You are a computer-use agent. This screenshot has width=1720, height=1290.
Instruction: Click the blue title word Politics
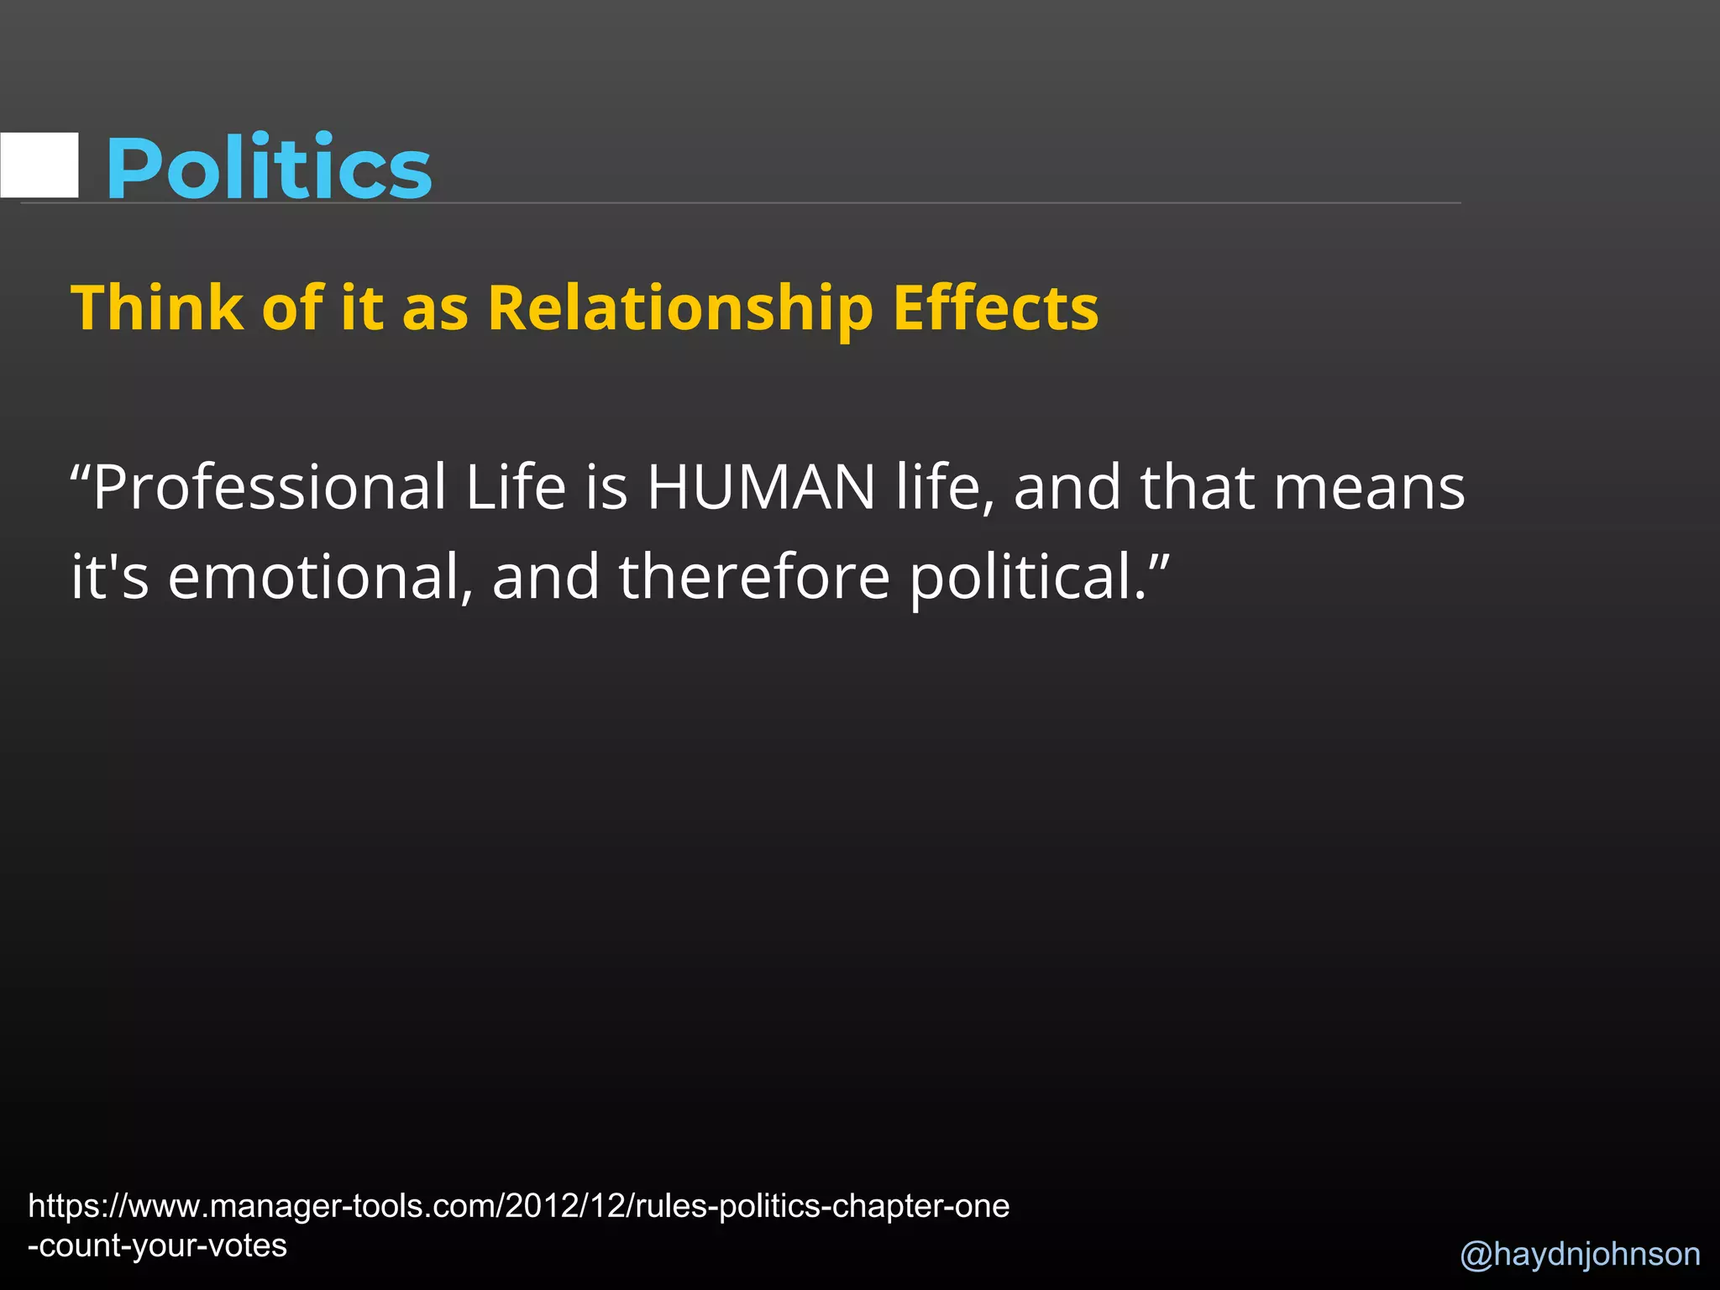pos(268,168)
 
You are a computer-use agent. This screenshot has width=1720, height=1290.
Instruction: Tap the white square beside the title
pos(39,165)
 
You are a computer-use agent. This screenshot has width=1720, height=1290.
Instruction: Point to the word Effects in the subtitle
pos(995,307)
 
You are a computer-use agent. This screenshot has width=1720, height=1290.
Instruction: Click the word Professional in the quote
pos(270,488)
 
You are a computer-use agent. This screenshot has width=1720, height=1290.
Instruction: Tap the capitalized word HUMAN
pos(761,488)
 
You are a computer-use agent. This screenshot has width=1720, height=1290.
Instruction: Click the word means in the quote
pos(1369,488)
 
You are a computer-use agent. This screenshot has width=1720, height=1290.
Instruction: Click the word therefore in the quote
pos(753,577)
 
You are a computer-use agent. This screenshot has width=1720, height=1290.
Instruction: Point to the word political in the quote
pos(1029,579)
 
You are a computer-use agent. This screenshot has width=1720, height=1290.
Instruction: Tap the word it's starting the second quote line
pos(110,577)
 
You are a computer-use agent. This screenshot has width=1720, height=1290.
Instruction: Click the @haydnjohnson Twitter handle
pos(1580,1254)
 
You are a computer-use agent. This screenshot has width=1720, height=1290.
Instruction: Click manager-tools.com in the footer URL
pos(352,1206)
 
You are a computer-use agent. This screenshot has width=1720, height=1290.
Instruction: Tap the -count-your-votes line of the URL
pos(157,1245)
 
